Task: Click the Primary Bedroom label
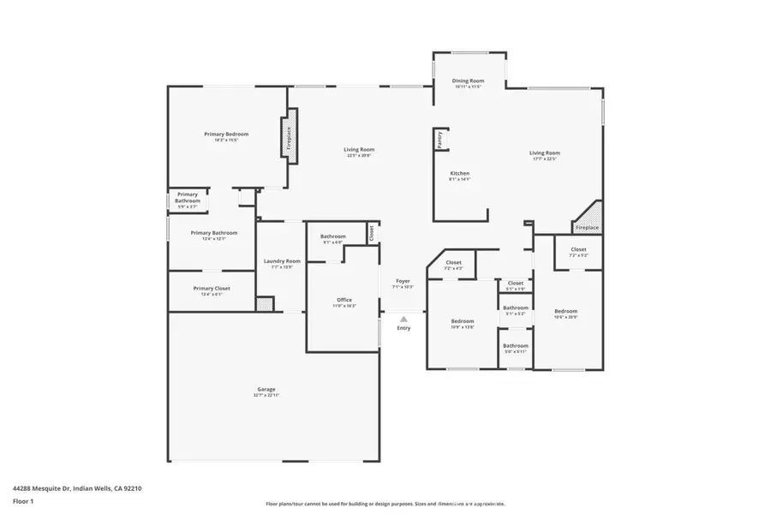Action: click(x=226, y=134)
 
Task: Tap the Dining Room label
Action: click(x=467, y=81)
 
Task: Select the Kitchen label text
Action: click(x=460, y=173)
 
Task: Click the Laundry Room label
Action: click(x=282, y=261)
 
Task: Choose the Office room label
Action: click(x=344, y=300)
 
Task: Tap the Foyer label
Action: click(x=403, y=281)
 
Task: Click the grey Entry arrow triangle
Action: click(x=403, y=319)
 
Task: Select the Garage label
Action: click(x=266, y=389)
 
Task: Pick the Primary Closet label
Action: click(x=211, y=289)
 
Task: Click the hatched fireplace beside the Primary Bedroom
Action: click(x=290, y=134)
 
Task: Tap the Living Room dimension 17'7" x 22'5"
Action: click(x=545, y=159)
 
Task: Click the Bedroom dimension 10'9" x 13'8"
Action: click(x=462, y=327)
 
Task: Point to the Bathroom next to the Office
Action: click(x=332, y=237)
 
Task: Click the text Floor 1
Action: click(x=22, y=499)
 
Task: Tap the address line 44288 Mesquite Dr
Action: click(x=77, y=487)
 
